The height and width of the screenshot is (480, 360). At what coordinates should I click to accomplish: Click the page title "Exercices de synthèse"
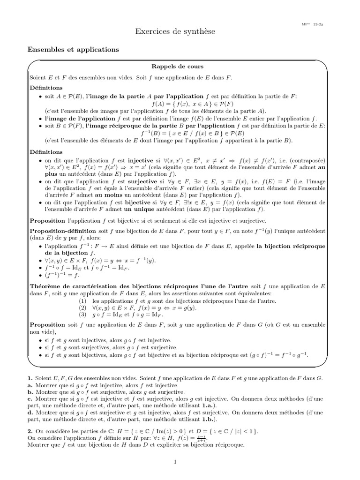click(175, 31)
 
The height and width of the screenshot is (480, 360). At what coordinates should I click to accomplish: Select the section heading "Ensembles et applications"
click(73, 49)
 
